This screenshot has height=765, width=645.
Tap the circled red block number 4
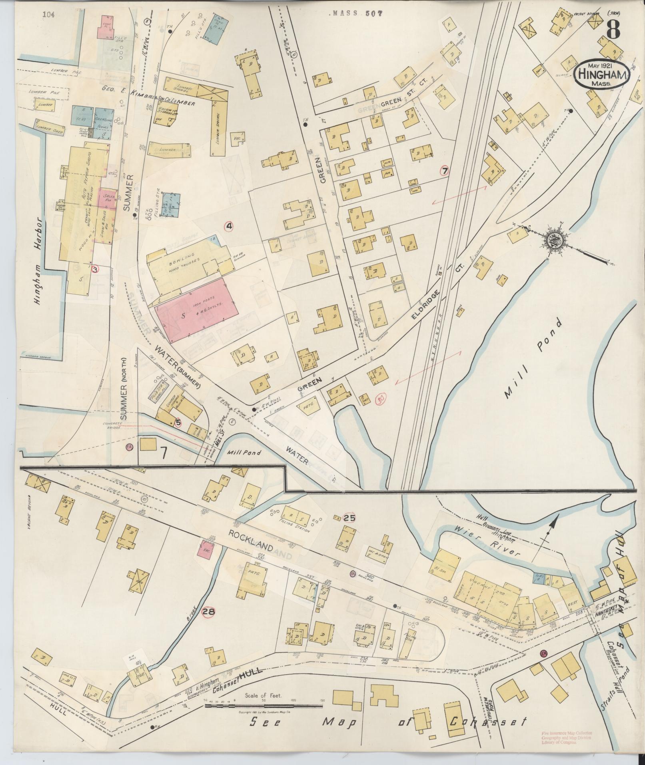(229, 226)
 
